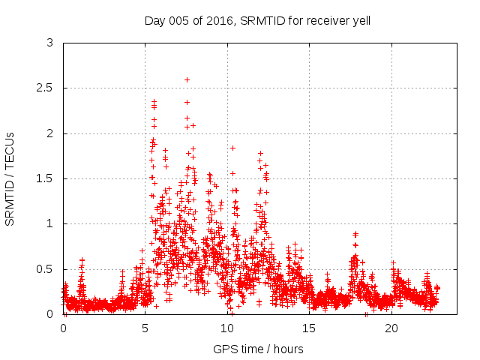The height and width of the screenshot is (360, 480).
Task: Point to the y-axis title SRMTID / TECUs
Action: click(x=10, y=178)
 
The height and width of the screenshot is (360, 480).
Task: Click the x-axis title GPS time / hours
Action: click(x=258, y=349)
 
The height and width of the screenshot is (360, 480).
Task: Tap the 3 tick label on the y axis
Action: click(x=49, y=43)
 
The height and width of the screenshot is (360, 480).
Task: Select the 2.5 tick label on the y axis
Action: click(x=45, y=88)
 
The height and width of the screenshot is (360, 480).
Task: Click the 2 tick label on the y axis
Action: click(x=49, y=133)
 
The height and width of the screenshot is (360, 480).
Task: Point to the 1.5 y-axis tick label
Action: click(x=45, y=178)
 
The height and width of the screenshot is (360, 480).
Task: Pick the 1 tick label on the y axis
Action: click(x=49, y=223)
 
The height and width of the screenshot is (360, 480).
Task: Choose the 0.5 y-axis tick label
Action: click(x=45, y=268)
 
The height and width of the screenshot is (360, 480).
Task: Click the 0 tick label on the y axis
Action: click(x=49, y=314)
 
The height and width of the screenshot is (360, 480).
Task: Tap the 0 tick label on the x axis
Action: click(x=63, y=328)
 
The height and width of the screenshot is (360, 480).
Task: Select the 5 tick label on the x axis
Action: click(x=145, y=328)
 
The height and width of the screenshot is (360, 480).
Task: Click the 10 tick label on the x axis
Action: click(x=227, y=328)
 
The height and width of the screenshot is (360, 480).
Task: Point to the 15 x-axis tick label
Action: click(x=309, y=328)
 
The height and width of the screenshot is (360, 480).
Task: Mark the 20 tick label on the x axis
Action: click(x=391, y=328)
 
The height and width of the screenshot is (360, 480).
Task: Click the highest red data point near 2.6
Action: click(x=187, y=79)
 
